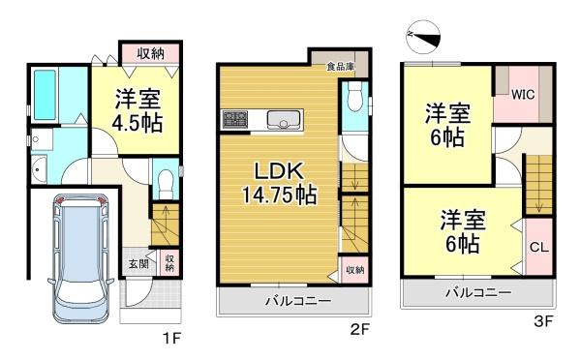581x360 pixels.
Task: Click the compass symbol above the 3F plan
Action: pos(423,36)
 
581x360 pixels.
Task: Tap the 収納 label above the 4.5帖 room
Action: pos(150,53)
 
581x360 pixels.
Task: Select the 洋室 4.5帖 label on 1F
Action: pos(138,110)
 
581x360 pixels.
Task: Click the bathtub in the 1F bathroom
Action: pos(45,95)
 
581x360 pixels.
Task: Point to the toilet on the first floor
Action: pos(165,183)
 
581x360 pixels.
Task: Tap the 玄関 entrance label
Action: pos(138,264)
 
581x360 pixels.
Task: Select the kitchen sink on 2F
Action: pos(284,119)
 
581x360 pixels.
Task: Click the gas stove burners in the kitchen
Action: pos(235,118)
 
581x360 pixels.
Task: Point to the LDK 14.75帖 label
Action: pos(279,183)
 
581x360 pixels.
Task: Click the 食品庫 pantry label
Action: pos(341,67)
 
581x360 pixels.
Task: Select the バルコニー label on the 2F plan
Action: pos(298,301)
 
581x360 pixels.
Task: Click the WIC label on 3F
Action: pos(523,95)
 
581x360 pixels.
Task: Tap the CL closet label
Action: pos(538,247)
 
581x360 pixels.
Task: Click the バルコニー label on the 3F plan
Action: pos(478,293)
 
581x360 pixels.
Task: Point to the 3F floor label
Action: pos(543,320)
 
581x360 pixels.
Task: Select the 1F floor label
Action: pos(171,337)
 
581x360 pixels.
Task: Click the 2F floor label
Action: pos(359,328)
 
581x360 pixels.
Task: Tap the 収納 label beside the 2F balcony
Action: pos(354,270)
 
